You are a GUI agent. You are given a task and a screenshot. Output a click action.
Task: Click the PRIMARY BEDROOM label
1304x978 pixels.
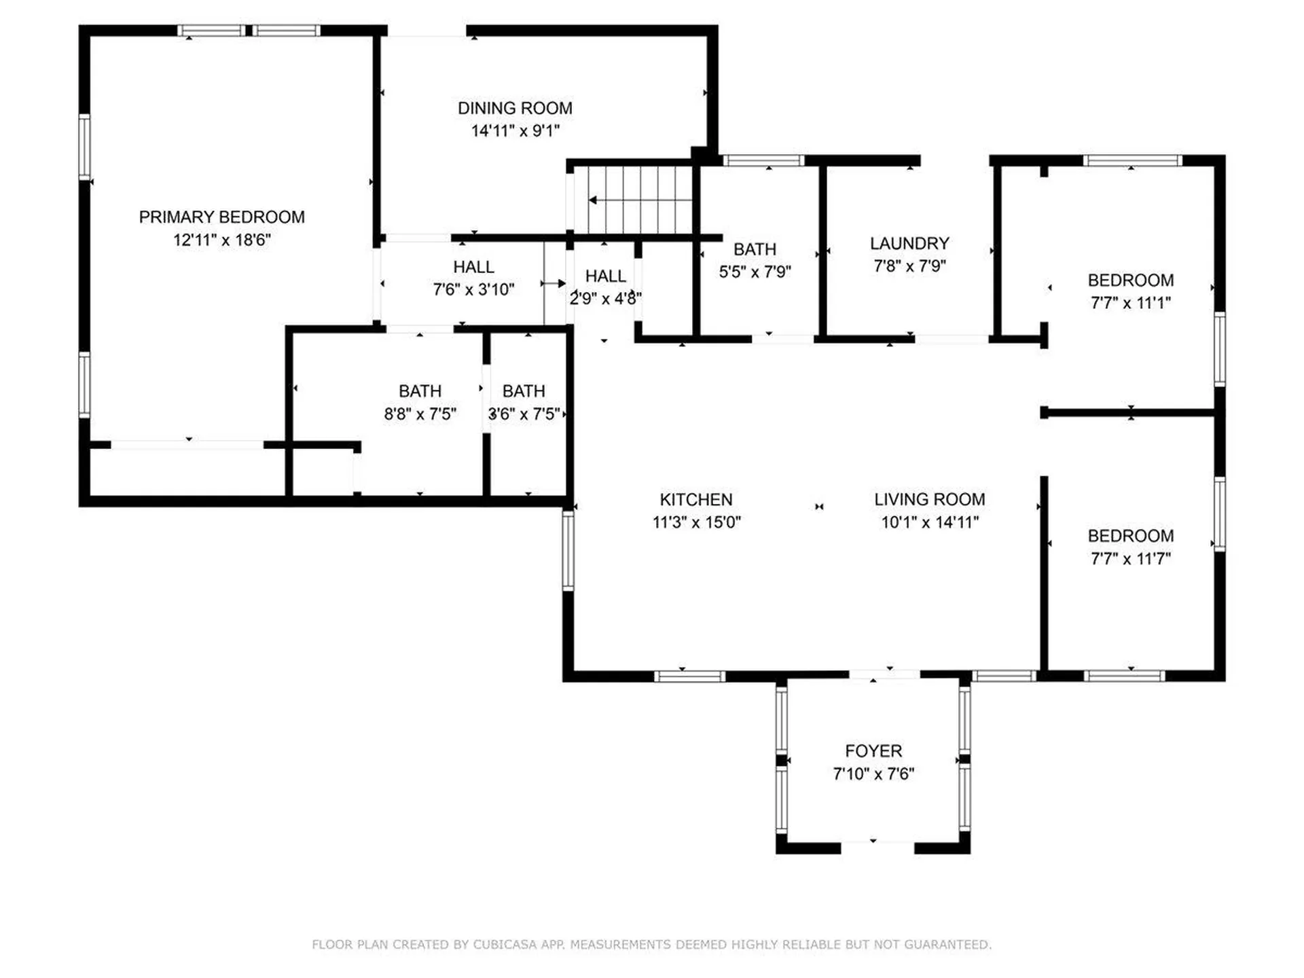point(221,217)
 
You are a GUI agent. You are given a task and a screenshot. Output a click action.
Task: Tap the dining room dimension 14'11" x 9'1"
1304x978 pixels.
point(515,130)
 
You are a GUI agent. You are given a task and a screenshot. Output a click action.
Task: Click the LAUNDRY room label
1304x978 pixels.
point(909,243)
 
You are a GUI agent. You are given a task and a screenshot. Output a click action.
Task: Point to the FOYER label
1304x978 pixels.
point(873,750)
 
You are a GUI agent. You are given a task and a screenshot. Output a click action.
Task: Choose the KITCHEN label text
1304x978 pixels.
point(695,500)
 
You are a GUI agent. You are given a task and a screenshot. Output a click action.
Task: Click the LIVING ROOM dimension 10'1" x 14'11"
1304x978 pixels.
point(929,522)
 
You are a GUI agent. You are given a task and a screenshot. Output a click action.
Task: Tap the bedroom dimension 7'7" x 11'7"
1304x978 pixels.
point(1130,558)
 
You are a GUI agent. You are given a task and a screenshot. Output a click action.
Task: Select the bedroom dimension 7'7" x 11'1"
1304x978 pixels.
point(1130,303)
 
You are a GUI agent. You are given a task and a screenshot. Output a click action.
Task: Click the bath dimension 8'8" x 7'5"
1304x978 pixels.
point(420,414)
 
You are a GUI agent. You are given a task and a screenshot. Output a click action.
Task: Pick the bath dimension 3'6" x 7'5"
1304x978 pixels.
point(524,414)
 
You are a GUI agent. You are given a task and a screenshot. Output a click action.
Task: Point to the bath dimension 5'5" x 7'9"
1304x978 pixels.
point(755,272)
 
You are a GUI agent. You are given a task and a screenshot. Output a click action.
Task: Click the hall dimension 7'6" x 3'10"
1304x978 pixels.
point(473,289)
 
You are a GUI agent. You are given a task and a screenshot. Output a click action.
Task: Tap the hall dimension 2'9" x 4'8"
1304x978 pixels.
point(605,298)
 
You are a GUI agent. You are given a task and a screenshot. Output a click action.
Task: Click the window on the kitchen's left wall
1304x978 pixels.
point(568,550)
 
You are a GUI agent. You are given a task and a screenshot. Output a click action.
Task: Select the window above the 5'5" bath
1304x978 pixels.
point(763,161)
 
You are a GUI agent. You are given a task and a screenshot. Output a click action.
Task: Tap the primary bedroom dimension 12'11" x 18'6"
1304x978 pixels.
point(221,240)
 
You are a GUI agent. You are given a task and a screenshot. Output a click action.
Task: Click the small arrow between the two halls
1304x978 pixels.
point(554,283)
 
